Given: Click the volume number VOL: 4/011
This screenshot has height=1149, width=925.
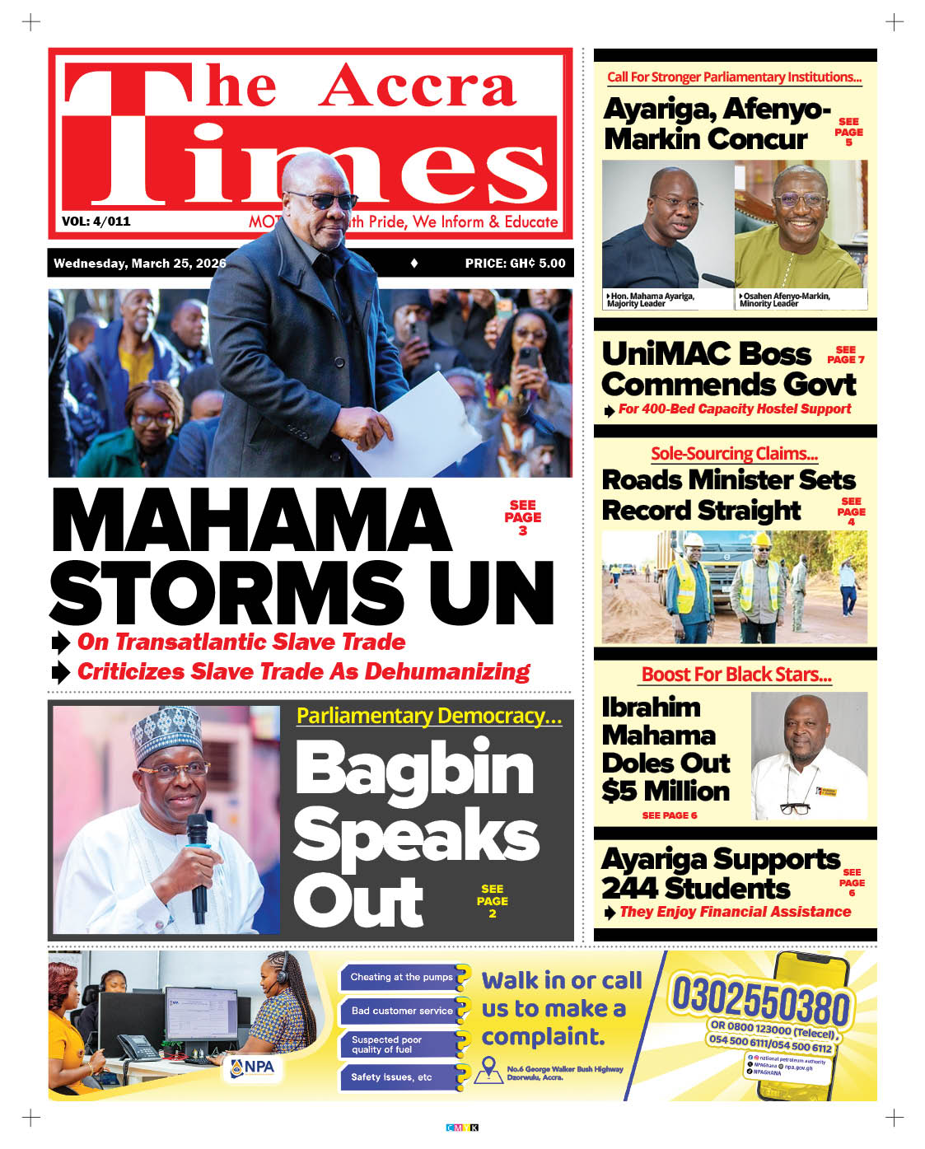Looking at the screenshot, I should (x=96, y=221).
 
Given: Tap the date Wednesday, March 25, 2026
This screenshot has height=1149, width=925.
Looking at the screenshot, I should (x=139, y=264).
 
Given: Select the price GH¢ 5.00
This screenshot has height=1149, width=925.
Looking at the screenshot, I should (x=515, y=264).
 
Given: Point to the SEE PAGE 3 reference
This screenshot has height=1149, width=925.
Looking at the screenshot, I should (x=522, y=517).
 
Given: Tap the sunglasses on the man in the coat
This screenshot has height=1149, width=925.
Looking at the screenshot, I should (x=323, y=200).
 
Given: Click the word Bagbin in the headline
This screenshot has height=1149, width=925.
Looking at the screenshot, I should (x=414, y=768).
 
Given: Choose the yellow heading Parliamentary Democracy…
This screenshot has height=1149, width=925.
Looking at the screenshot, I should (x=428, y=716).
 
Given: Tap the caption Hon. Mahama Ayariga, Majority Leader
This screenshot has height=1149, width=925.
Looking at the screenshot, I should (x=651, y=300).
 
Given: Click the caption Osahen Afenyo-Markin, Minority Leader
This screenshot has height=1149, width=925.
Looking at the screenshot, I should (x=783, y=300).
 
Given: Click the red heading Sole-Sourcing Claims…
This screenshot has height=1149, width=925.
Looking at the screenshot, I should (x=734, y=453).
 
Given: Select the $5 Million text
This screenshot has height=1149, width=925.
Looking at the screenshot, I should (x=666, y=791).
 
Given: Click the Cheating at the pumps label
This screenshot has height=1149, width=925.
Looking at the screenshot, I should (x=401, y=977).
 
